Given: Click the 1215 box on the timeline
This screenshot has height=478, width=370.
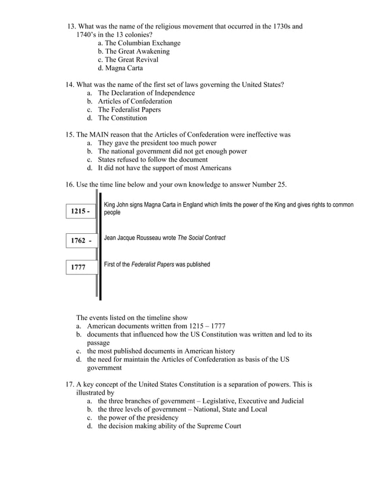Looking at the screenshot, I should click(81, 212).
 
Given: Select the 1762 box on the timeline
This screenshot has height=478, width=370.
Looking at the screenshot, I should click(81, 240).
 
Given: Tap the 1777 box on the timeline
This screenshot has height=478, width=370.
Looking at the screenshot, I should click(81, 267).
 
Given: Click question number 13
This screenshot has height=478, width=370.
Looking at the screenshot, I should click(71, 27).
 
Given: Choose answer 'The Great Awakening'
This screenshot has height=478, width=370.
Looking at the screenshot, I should click(137, 52).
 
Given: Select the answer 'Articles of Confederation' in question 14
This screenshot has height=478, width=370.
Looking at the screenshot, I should click(135, 101).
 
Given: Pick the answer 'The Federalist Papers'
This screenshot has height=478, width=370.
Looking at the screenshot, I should click(129, 109).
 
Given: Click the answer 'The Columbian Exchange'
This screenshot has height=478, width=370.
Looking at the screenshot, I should click(142, 43).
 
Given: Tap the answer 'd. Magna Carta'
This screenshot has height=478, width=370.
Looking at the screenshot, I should click(120, 68).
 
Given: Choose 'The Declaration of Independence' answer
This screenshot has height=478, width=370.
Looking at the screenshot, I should click(146, 93).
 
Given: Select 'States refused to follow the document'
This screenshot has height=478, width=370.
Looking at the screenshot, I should click(153, 160).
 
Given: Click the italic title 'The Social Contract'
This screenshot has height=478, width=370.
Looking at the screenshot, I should click(201, 238).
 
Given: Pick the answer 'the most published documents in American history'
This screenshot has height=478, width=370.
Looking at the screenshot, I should click(161, 351).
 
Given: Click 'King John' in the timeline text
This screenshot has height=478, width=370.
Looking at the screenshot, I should click(115, 205).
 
